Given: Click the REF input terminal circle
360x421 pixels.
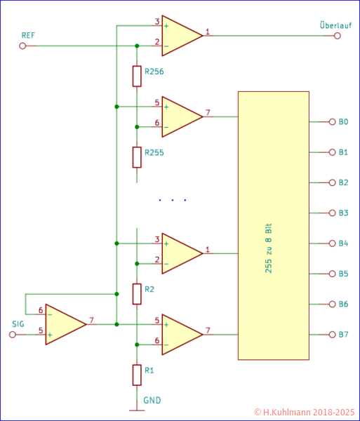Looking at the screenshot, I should [x=22, y=46].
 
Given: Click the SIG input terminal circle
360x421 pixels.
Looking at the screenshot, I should [x=12, y=335].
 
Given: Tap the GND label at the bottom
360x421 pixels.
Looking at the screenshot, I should [x=152, y=401].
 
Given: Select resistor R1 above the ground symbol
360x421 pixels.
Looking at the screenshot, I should [x=137, y=375].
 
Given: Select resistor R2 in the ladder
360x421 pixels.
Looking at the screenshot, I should [x=137, y=294].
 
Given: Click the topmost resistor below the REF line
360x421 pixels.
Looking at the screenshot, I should [x=137, y=76].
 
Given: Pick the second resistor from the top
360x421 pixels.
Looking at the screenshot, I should [x=137, y=156].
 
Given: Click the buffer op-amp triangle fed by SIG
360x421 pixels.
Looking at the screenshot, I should [x=65, y=324].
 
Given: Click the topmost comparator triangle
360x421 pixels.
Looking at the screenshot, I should [x=180, y=36].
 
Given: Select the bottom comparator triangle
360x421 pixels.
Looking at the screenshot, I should [x=180, y=334].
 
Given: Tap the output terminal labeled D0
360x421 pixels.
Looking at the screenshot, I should [x=333, y=121].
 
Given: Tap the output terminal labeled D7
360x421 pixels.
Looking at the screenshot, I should [x=333, y=335].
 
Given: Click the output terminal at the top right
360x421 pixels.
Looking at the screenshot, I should [x=338, y=36].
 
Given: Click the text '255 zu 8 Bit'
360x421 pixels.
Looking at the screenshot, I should [x=269, y=248].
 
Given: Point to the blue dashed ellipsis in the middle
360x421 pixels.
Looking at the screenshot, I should [x=173, y=201].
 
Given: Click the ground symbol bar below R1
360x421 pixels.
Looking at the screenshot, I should [x=137, y=410].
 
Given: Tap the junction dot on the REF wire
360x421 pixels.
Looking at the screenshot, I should [x=137, y=46].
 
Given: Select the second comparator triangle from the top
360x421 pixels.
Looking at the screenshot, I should [x=180, y=116].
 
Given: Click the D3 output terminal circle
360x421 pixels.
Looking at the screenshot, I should [x=333, y=213].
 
